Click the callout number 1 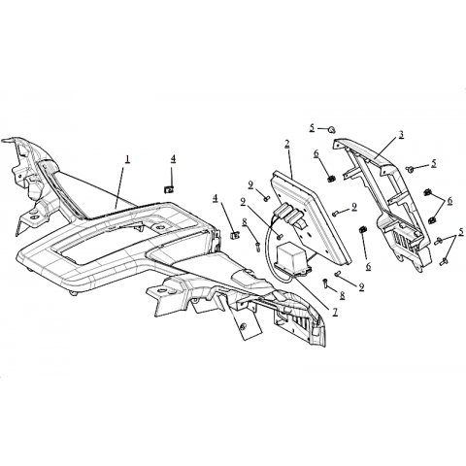(127, 159)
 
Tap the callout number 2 (287, 144)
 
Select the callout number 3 (401, 134)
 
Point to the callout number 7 (335, 312)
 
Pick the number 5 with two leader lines (461, 231)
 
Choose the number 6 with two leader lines (449, 201)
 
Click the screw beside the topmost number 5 (331, 130)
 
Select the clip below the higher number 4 (168, 188)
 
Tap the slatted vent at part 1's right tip (298, 323)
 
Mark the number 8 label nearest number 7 (342, 295)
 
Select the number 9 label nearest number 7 (361, 286)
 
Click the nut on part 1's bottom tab (243, 326)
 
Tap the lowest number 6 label (368, 266)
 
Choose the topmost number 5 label (312, 127)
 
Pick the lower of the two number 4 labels (215, 198)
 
